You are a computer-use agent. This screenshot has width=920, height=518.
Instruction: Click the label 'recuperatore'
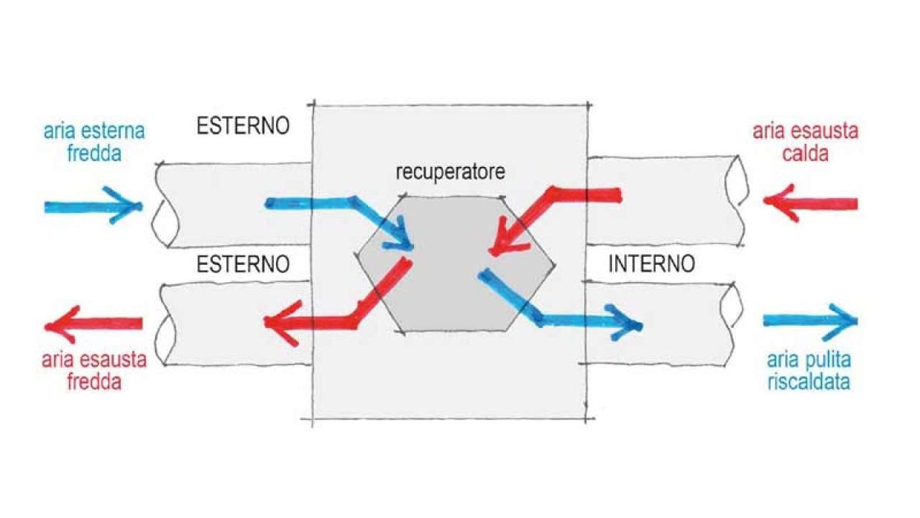pyautogui.click(x=451, y=173)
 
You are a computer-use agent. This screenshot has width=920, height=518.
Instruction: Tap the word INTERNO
pyautogui.click(x=651, y=264)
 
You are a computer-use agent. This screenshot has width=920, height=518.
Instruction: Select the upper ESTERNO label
pyautogui.click(x=243, y=126)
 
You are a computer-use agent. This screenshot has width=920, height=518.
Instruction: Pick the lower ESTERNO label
pyautogui.click(x=243, y=264)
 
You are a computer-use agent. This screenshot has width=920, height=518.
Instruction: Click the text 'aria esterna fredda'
pyautogui.click(x=94, y=142)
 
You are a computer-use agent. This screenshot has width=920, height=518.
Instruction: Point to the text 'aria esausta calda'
pyautogui.click(x=806, y=142)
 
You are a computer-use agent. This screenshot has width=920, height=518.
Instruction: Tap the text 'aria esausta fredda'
pyautogui.click(x=94, y=371)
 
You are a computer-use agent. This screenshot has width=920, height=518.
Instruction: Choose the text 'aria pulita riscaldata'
pyautogui.click(x=809, y=370)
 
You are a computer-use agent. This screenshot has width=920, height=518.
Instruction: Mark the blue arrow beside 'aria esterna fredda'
pyautogui.click(x=93, y=206)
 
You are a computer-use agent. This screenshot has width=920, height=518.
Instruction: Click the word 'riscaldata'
pyautogui.click(x=809, y=381)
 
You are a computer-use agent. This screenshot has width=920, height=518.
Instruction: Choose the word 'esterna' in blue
pyautogui.click(x=109, y=132)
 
